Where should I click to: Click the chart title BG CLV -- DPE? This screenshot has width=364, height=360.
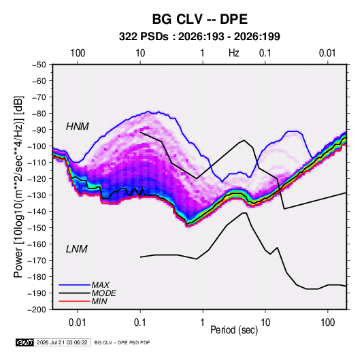tap(200, 19)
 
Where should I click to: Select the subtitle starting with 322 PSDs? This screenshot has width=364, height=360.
tap(199, 37)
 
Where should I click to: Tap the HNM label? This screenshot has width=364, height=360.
tap(78, 127)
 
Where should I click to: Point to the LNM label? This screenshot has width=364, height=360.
tap(77, 249)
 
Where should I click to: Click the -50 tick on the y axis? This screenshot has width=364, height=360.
tap(39, 65)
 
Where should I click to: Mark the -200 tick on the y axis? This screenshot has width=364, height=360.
tap(37, 310)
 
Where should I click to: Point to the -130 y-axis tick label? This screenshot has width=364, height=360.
tap(37, 195)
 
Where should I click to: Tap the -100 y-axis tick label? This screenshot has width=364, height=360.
tap(37, 146)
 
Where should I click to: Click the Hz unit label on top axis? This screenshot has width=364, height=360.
tap(234, 53)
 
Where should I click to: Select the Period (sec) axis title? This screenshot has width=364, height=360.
tap(234, 329)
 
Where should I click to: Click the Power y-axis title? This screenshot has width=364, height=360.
tap(18, 187)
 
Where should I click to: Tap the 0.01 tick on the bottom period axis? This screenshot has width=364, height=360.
tap(78, 323)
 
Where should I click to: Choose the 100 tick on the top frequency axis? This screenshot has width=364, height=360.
tap(78, 53)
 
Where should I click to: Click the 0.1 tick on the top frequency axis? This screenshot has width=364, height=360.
tap(265, 53)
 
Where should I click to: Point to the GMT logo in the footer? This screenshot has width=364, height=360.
tap(25, 342)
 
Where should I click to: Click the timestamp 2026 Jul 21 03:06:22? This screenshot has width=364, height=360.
tap(62, 342)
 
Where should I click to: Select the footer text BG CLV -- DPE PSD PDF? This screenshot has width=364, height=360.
tap(122, 342)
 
